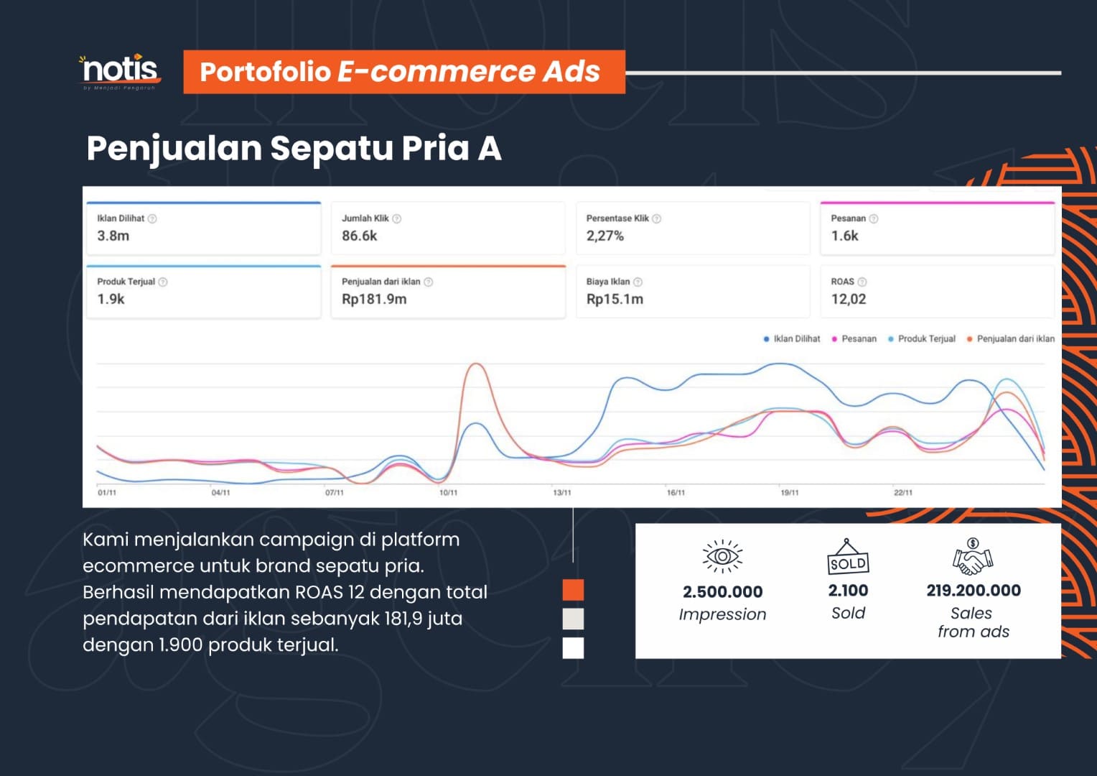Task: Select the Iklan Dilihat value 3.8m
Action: click(113, 236)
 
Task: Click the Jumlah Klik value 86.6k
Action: click(359, 236)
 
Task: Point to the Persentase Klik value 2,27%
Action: click(604, 236)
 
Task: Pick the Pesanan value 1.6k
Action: click(844, 236)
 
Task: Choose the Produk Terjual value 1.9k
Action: click(111, 299)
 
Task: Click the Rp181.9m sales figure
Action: click(374, 299)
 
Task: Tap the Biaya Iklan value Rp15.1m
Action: click(615, 299)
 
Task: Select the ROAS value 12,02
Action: click(849, 299)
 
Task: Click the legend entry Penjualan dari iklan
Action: click(1015, 338)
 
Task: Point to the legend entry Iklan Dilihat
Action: click(796, 338)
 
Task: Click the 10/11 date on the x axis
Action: click(448, 493)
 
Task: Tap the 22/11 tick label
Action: click(903, 493)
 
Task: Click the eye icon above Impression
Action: click(722, 557)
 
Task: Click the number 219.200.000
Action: click(974, 591)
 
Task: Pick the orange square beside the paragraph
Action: click(573, 590)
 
